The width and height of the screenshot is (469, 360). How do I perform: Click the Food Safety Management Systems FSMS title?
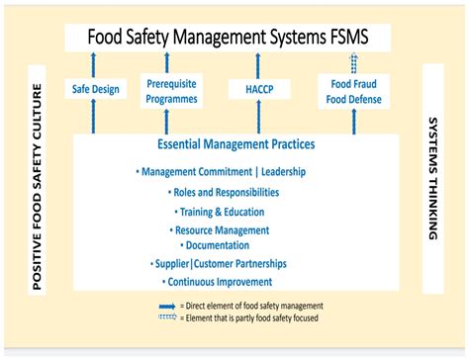(227, 38)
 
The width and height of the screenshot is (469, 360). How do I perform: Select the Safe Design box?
(96, 89)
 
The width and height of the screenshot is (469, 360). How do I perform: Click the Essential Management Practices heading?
(235, 145)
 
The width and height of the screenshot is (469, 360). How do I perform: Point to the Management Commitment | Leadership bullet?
(223, 172)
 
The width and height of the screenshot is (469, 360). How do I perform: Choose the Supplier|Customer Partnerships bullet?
(221, 264)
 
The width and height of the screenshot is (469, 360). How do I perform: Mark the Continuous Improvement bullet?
(221, 283)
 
